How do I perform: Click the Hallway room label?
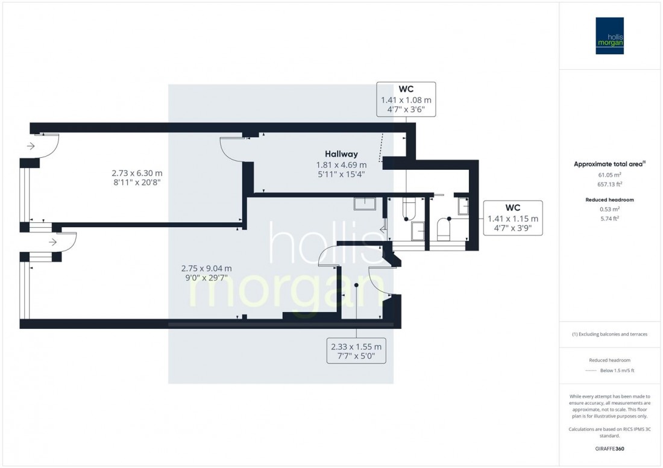pyautogui.click(x=341, y=154)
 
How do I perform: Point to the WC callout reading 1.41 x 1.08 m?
pyautogui.click(x=406, y=99)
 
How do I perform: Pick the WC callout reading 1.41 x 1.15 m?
pyautogui.click(x=513, y=218)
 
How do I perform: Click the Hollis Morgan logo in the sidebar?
pyautogui.click(x=609, y=36)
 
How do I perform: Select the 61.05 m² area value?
pyautogui.click(x=610, y=175)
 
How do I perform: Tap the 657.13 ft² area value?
pyautogui.click(x=610, y=185)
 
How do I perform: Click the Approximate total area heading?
pyautogui.click(x=610, y=163)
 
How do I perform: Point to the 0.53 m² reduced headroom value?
pyautogui.click(x=610, y=209)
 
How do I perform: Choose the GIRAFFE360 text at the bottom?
pyautogui.click(x=609, y=449)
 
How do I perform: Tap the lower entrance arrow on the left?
pyautogui.click(x=54, y=243)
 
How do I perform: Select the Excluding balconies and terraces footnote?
pyautogui.click(x=610, y=334)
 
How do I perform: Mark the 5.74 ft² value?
pyautogui.click(x=610, y=219)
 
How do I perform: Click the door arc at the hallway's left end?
pyautogui.click(x=230, y=149)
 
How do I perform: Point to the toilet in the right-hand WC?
pyautogui.click(x=443, y=229)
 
